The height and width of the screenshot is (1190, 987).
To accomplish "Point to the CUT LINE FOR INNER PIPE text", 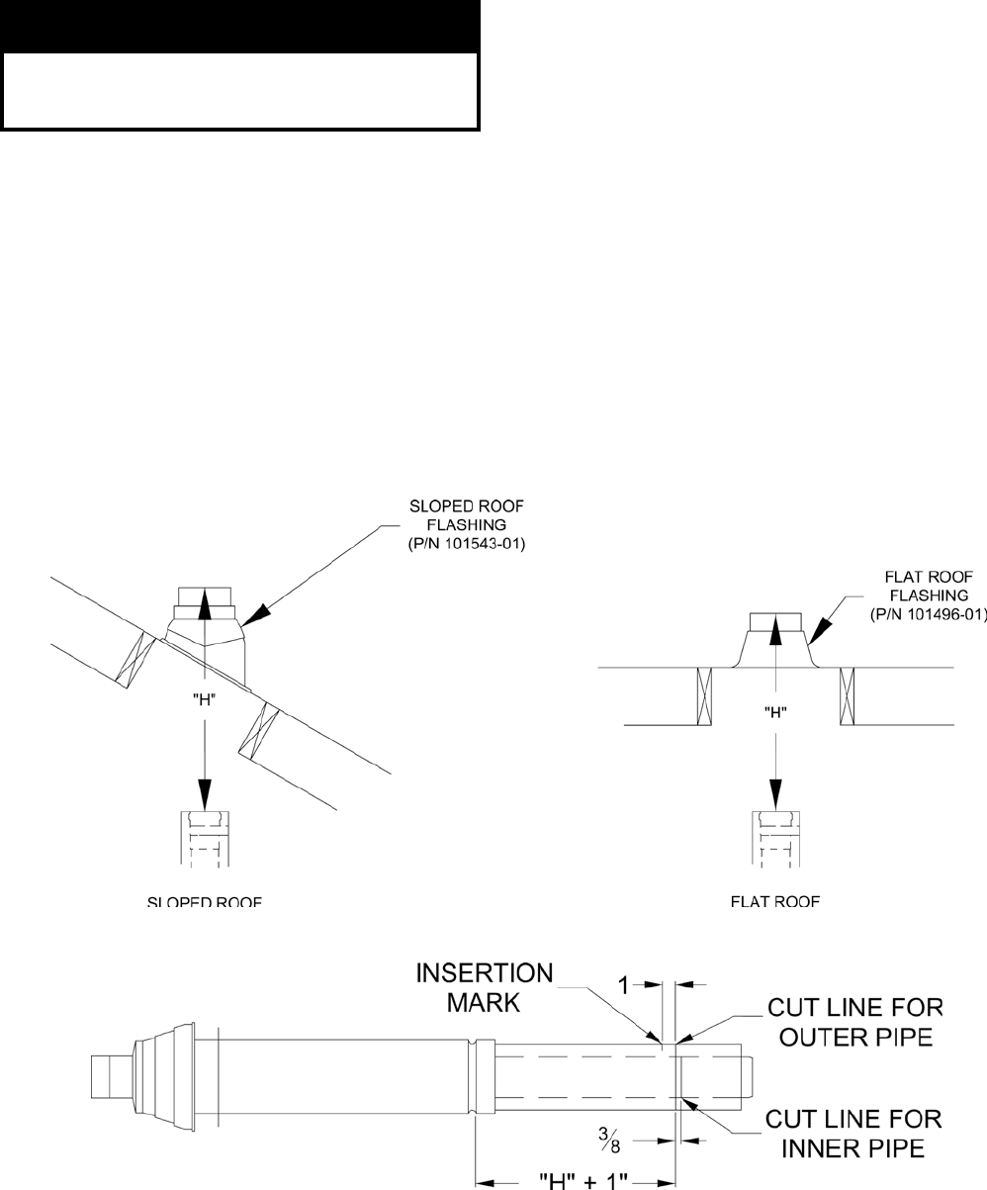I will [x=854, y=1134].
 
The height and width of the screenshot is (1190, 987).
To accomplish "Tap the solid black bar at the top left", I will [x=240, y=27].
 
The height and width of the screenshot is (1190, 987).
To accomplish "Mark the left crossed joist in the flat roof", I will [x=704, y=695].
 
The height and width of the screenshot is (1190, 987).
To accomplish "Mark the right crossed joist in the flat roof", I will [x=847, y=695].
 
